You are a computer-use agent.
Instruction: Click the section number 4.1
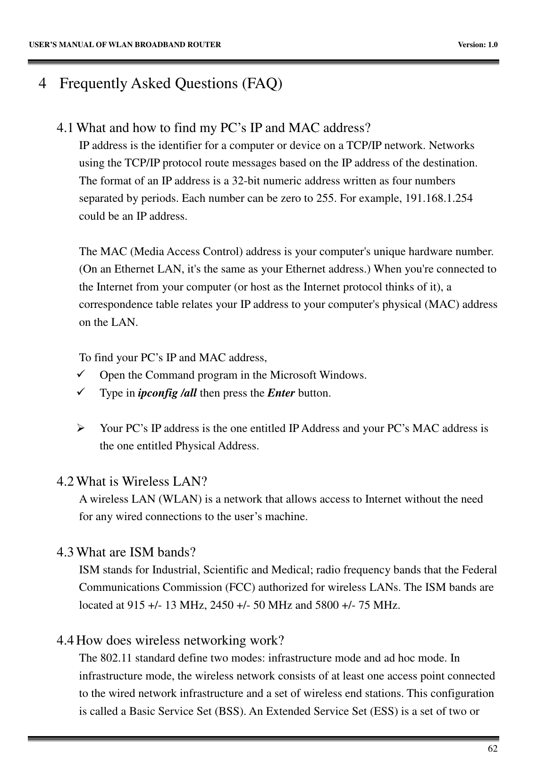(x=65, y=128)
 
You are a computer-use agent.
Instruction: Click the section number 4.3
(x=65, y=552)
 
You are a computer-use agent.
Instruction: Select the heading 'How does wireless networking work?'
(x=180, y=641)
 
